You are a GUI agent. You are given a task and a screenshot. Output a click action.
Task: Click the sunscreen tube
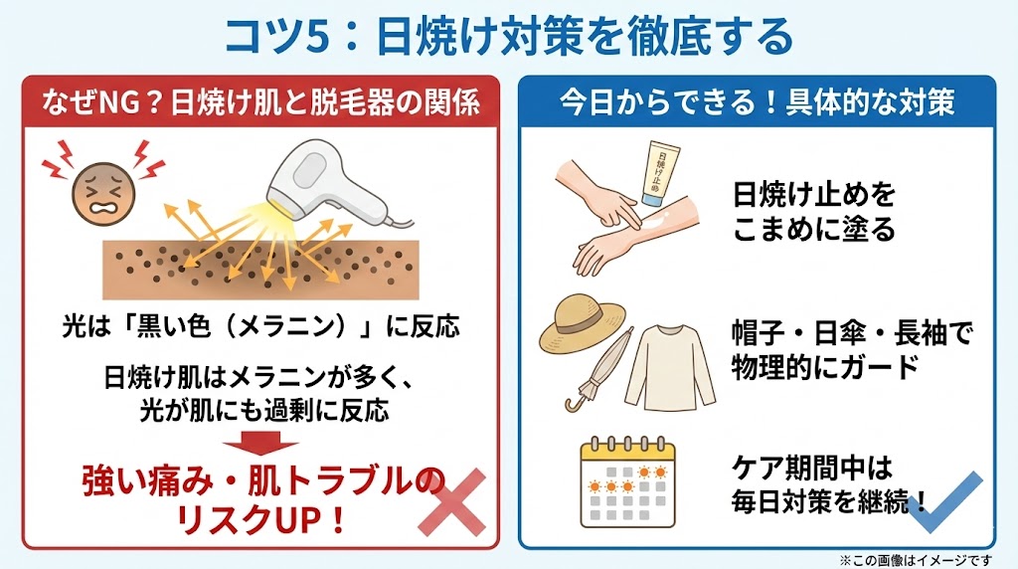click(659, 173)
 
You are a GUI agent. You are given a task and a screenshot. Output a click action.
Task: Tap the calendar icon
click(627, 482)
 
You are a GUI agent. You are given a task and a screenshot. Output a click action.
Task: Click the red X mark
click(452, 501)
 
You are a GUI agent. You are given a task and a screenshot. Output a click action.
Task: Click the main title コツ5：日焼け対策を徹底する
click(508, 37)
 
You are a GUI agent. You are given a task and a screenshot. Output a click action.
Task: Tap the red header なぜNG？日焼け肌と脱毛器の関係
click(260, 102)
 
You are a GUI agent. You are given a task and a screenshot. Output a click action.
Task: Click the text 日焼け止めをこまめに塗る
click(814, 212)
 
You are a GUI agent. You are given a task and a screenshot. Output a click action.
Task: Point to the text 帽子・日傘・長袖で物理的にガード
click(852, 351)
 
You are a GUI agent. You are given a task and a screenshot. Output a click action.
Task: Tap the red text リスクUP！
click(260, 519)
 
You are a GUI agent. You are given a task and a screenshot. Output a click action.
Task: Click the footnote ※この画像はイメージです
click(916, 560)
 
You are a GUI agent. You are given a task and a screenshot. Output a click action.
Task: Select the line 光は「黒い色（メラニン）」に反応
click(260, 325)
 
